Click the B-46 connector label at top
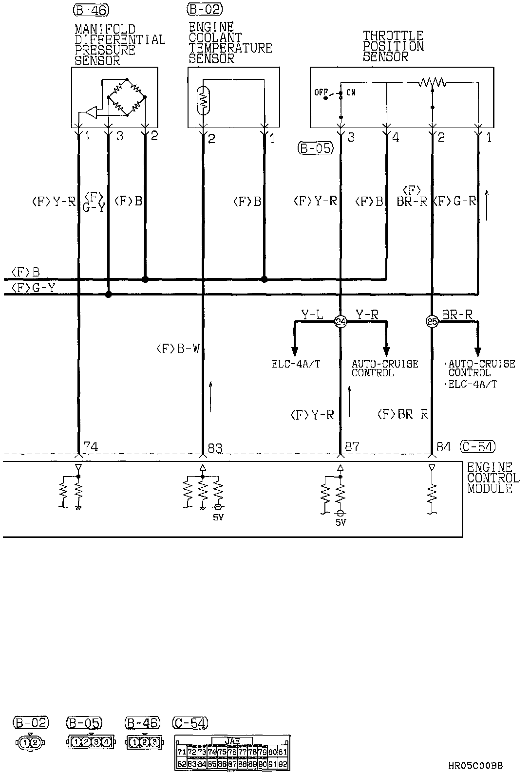[x=91, y=9]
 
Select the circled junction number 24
[x=341, y=321]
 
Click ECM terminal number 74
[x=91, y=446]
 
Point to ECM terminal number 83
[x=215, y=447]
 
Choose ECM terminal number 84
[x=443, y=446]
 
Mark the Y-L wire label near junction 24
[x=312, y=314]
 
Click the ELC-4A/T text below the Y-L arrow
[x=296, y=364]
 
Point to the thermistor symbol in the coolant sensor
[x=203, y=100]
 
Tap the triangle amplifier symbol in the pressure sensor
[x=91, y=113]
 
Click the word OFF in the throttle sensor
[x=320, y=92]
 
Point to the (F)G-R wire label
[x=454, y=201]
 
